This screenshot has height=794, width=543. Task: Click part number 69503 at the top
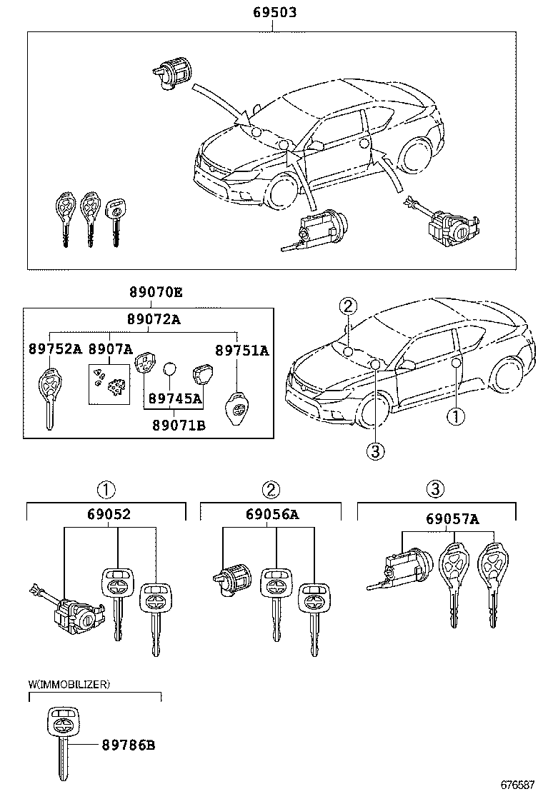(274, 13)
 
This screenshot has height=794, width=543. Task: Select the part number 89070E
(156, 292)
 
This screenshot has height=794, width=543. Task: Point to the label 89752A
(55, 349)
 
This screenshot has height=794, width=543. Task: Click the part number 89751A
(243, 350)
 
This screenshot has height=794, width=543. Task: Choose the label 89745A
(175, 398)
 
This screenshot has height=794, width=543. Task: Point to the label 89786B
(129, 745)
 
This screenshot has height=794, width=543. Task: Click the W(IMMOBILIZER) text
(69, 684)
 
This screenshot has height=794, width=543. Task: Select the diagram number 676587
(517, 783)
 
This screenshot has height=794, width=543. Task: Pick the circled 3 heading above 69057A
(435, 489)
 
